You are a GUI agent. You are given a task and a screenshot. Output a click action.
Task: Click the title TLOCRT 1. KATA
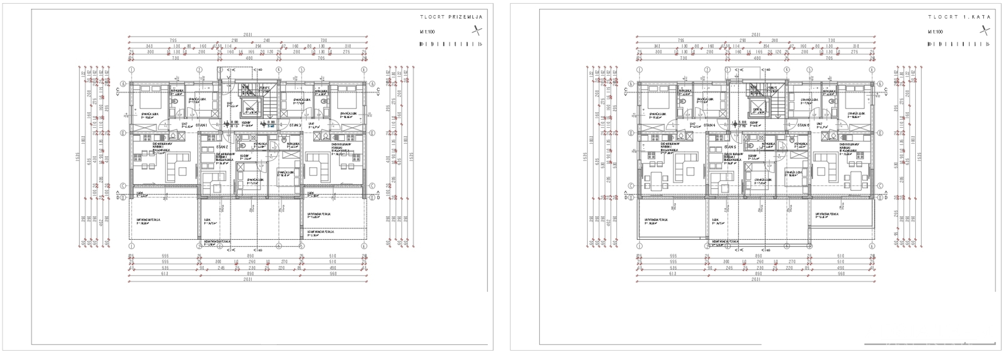point(959,17)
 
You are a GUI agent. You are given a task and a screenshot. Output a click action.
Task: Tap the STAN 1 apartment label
point(202,125)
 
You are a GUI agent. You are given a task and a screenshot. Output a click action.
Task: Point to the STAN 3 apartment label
point(295,125)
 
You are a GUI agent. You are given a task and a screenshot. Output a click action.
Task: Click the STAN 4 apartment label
point(709,125)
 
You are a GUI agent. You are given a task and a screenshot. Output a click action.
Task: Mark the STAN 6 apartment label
point(803,125)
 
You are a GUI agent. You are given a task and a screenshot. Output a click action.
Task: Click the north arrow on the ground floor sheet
point(476,30)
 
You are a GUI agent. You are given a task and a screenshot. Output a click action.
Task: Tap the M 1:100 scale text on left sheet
point(427,32)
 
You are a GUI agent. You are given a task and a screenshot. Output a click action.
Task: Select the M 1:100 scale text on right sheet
point(935,32)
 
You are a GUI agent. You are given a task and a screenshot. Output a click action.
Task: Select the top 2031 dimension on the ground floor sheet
point(248,34)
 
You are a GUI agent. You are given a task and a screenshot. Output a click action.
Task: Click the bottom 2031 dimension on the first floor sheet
point(755,279)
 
